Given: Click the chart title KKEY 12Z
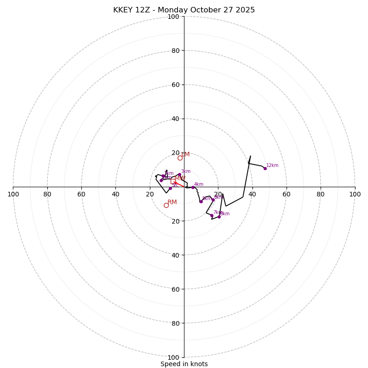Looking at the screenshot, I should [184, 10].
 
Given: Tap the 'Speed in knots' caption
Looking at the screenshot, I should [184, 364].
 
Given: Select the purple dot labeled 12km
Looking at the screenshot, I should [265, 168].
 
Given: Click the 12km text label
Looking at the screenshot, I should [272, 166].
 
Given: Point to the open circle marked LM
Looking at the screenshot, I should [180, 158].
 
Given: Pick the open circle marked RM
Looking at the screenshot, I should [166, 205].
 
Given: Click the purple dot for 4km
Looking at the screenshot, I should [193, 187].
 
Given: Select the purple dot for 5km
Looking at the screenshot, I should [201, 201].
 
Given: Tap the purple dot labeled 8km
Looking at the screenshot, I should [219, 217].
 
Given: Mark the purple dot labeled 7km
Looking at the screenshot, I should [212, 215].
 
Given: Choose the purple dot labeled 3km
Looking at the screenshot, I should [179, 174].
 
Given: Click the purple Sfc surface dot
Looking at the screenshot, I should [170, 188].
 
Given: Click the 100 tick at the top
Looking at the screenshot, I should [173, 17].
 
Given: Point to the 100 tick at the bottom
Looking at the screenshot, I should [173, 357].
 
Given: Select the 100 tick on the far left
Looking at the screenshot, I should [13, 194].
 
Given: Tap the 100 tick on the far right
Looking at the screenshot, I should [355, 194].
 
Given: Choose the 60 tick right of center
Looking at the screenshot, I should [286, 194].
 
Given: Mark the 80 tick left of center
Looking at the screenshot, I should [47, 194].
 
